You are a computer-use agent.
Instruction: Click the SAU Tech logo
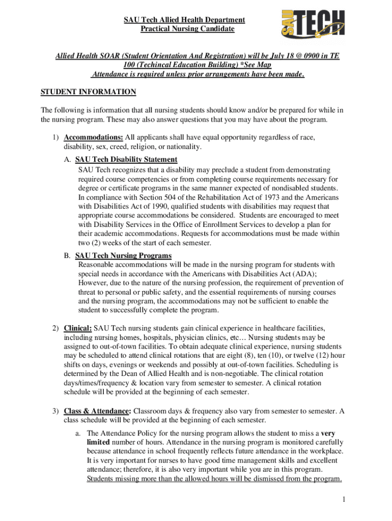coord(312,25)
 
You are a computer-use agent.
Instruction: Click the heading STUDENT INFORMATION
coord(88,92)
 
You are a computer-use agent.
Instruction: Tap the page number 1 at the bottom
coord(344,500)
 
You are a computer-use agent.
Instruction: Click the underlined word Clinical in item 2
coord(77,328)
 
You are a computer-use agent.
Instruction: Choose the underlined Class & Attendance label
coord(97,411)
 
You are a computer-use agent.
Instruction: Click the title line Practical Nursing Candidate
coord(187,29)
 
